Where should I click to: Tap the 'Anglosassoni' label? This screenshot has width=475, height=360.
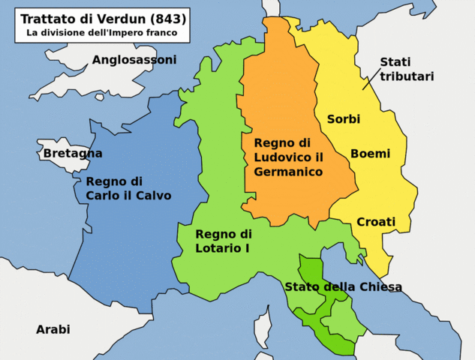point(134,59)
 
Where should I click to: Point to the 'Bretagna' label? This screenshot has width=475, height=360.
point(73,153)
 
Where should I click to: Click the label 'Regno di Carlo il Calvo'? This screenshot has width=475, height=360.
point(128,188)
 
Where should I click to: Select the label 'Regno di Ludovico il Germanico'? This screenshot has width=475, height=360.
point(288,157)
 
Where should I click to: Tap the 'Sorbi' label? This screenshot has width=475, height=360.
point(344,119)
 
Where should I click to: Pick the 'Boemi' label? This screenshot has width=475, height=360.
point(370,154)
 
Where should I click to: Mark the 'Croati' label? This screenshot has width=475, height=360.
point(376,221)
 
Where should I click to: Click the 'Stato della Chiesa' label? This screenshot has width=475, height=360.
point(343,286)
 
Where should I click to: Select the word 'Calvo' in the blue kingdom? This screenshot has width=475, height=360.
point(154,196)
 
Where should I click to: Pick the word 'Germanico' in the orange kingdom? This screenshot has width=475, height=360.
point(288,172)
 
